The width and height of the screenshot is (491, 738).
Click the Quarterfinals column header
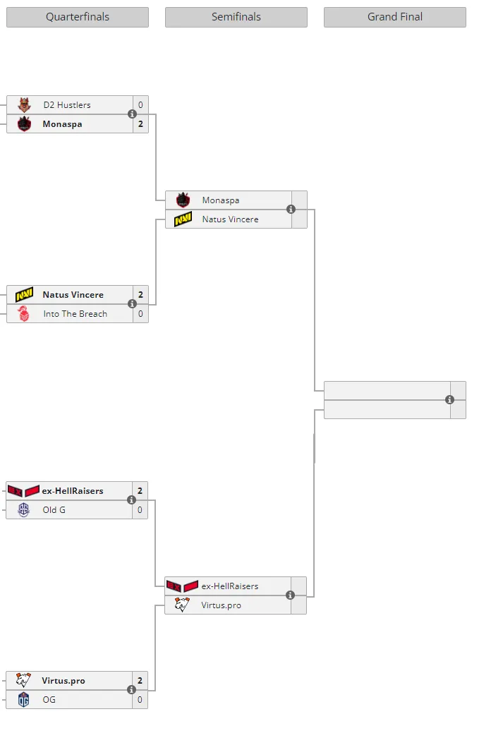point(78,17)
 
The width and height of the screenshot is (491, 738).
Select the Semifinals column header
point(236,17)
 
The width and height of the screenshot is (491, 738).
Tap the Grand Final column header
point(395,17)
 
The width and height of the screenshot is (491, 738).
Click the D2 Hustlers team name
point(67,105)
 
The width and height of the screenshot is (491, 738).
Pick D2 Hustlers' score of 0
point(140,105)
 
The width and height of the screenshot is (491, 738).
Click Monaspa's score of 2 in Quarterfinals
point(140,124)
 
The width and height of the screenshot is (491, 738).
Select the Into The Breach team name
point(75,314)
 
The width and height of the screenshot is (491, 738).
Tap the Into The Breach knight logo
point(23,313)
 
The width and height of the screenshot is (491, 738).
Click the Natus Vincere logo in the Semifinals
point(183,219)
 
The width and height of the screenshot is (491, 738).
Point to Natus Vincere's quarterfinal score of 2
point(140,295)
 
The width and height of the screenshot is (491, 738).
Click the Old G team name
point(54,509)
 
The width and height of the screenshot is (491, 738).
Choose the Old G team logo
point(23,509)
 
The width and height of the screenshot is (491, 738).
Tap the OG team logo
point(23,700)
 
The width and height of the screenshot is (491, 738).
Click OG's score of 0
point(140,700)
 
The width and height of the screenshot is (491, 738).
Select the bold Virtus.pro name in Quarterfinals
point(63,681)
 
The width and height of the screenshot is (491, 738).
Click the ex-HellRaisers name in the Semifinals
point(230,586)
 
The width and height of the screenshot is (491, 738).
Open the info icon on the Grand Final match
point(450,399)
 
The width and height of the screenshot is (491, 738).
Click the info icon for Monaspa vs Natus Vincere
point(291,210)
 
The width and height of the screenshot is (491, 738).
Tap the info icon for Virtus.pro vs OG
point(131,689)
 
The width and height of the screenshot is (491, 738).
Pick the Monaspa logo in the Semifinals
point(183,200)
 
